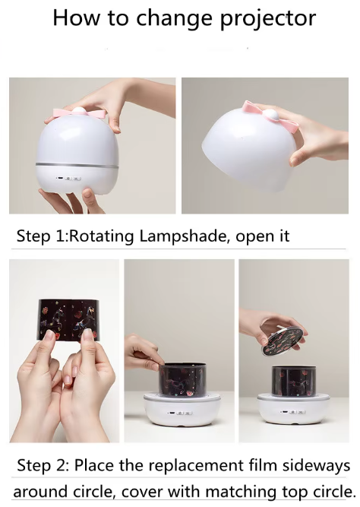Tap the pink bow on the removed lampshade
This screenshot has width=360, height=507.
click(x=264, y=114)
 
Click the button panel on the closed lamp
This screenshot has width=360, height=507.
click(x=69, y=179)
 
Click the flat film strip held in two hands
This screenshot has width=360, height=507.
click(x=65, y=315)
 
